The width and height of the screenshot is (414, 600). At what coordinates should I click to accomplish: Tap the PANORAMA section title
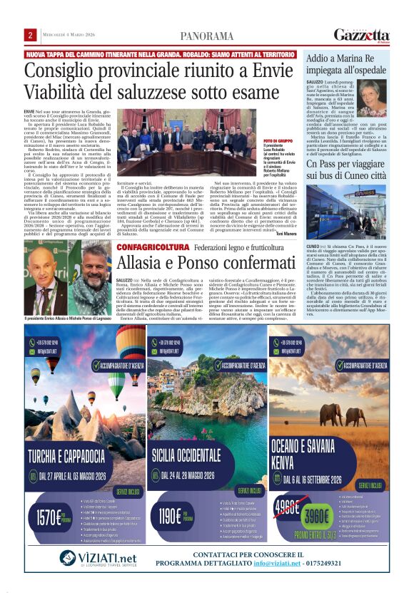point(206,36)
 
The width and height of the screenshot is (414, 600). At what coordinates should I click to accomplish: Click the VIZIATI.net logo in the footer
point(97,558)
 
